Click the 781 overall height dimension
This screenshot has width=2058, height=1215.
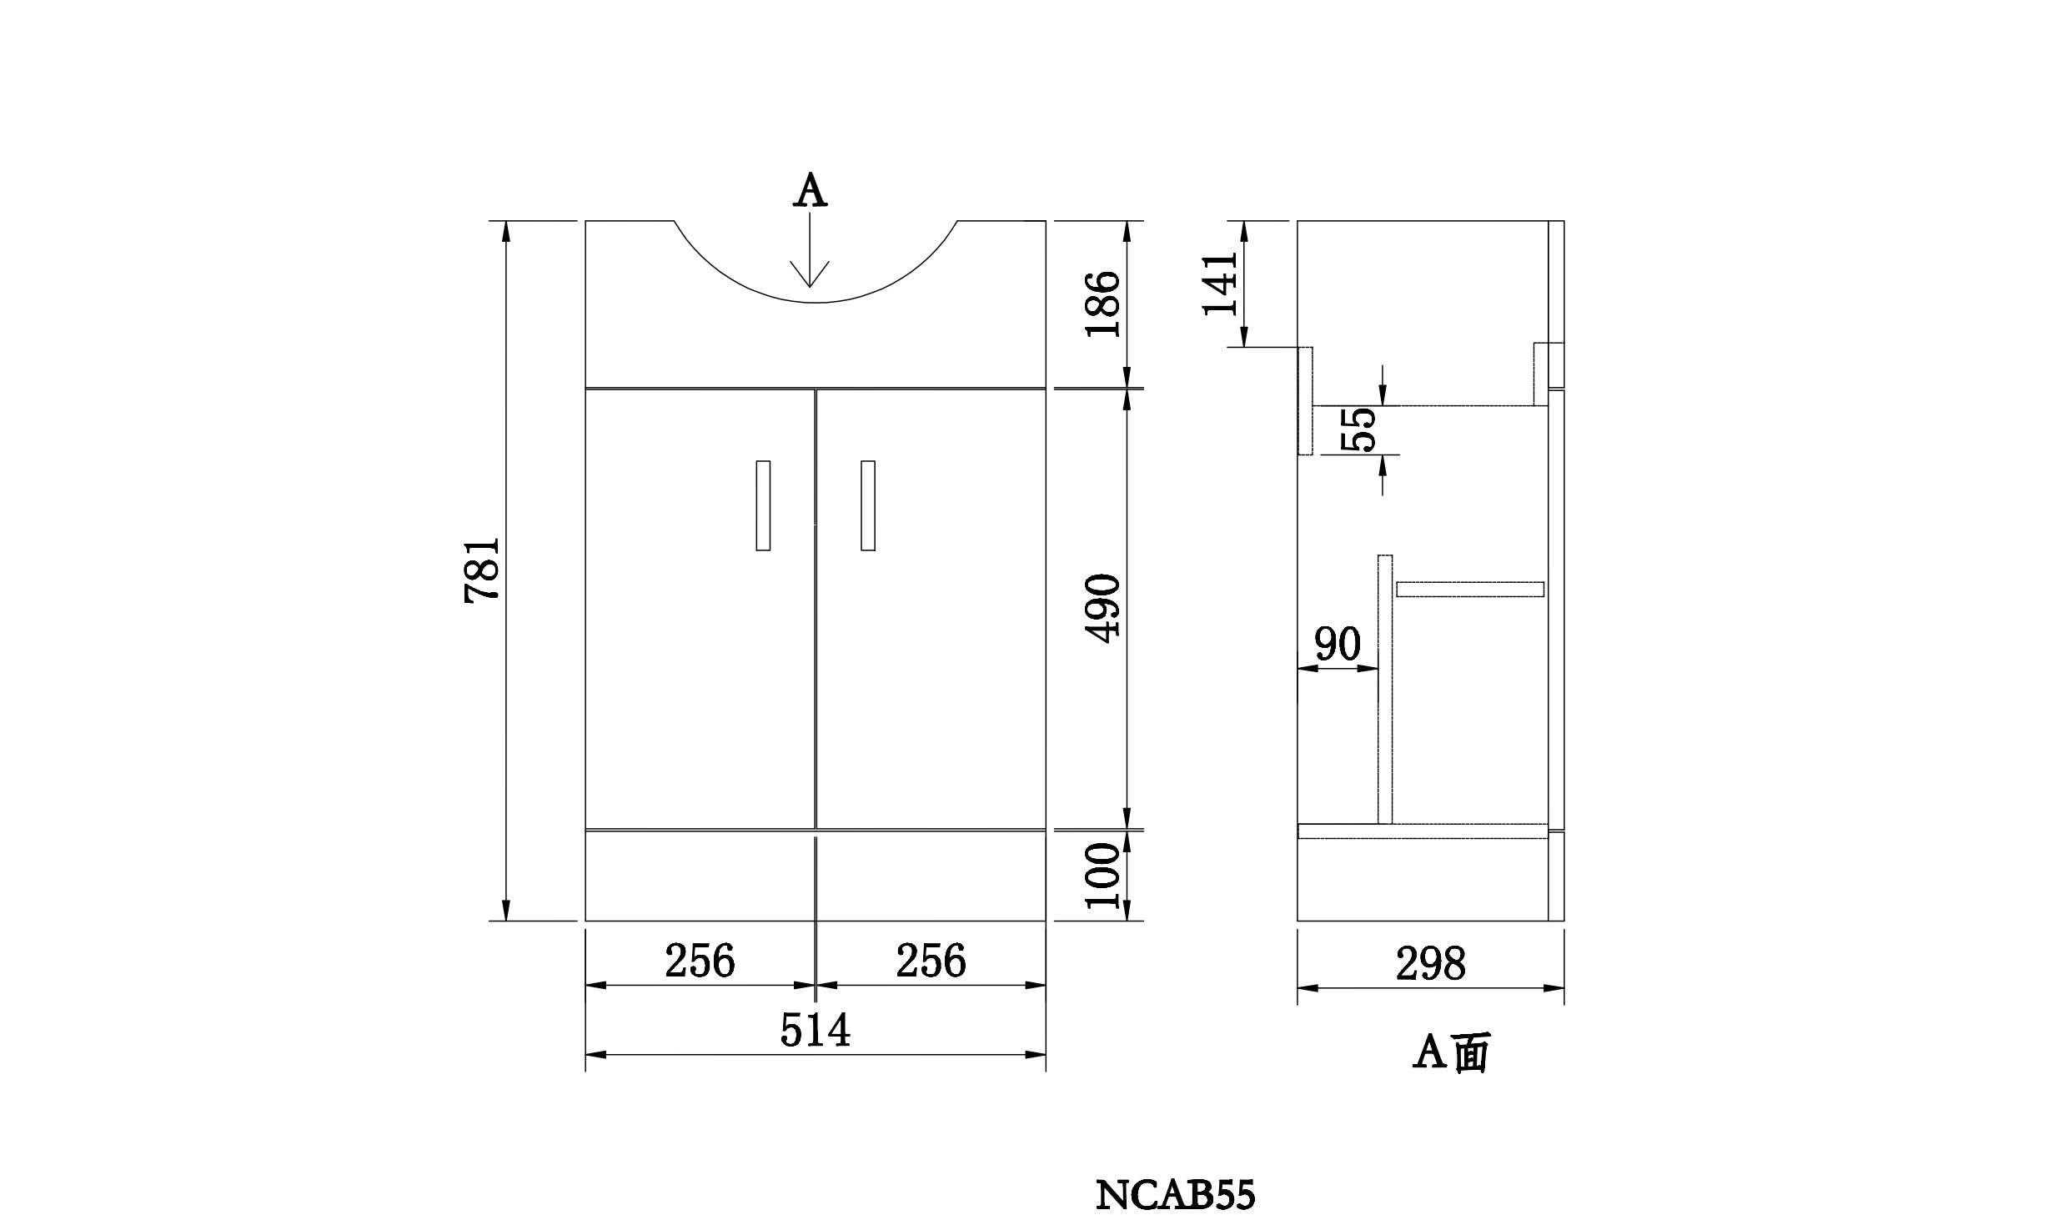pyautogui.click(x=482, y=570)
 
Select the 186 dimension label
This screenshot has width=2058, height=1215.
pyautogui.click(x=1102, y=303)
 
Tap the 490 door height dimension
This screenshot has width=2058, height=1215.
pyautogui.click(x=1104, y=608)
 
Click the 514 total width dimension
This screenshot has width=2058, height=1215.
pyautogui.click(x=815, y=1030)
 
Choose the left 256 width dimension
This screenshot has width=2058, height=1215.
pyautogui.click(x=700, y=961)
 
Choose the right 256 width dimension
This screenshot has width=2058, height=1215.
pyautogui.click(x=931, y=961)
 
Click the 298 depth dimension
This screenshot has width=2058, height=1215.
pyautogui.click(x=1430, y=964)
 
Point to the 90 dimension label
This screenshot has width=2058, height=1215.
pyautogui.click(x=1337, y=644)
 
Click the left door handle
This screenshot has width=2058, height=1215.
pyautogui.click(x=762, y=505)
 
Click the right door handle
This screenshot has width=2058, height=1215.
pyautogui.click(x=868, y=505)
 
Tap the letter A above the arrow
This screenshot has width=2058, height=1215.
pyautogui.click(x=810, y=191)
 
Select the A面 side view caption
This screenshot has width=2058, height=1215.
pyautogui.click(x=1450, y=1052)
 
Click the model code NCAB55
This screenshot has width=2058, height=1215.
pyautogui.click(x=1174, y=1195)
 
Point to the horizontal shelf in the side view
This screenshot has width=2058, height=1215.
pyautogui.click(x=1469, y=590)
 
